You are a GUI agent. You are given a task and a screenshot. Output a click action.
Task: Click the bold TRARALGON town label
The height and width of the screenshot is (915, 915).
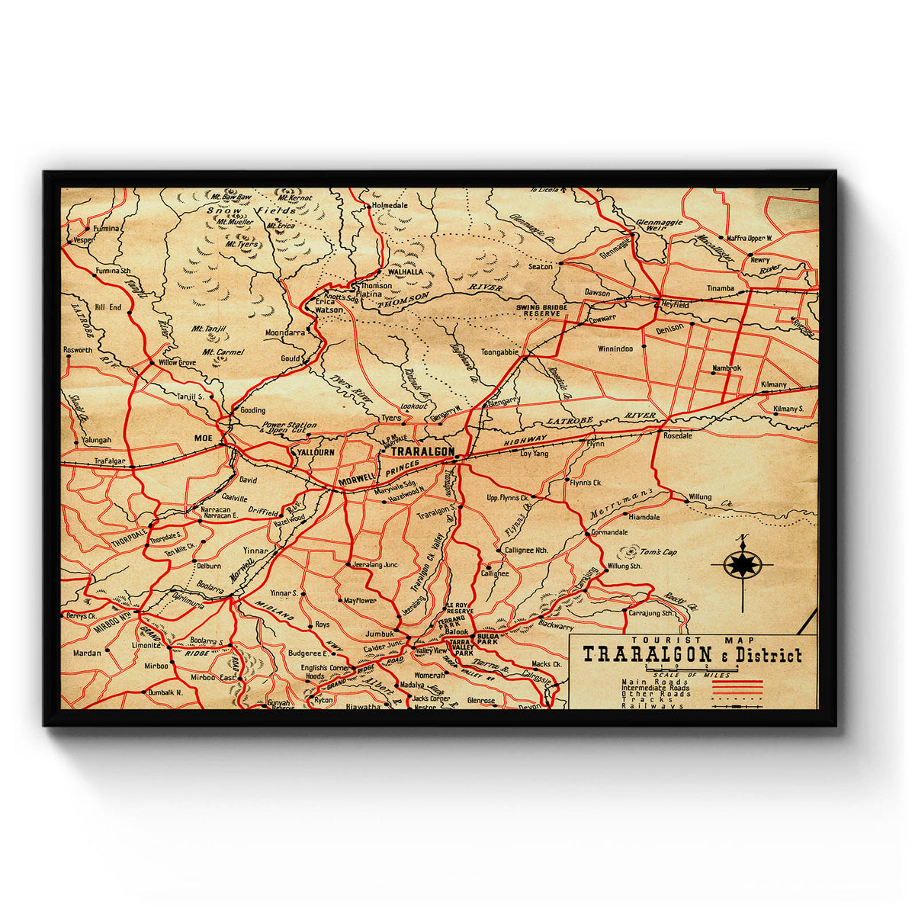coord(422,451)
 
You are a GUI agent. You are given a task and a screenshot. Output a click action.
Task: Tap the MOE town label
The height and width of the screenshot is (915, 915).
coord(204,438)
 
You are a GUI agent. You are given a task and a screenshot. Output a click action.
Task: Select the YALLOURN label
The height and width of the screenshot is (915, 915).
coord(315,452)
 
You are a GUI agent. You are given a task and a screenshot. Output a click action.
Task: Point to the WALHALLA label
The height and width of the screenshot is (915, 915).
coord(405,271)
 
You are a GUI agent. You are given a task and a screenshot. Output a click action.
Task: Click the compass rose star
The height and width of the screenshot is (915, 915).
coord(741,565)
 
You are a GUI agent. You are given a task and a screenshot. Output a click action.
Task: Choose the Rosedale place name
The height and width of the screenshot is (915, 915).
coord(677,436)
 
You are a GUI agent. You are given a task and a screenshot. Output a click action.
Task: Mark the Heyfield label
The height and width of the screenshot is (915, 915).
coord(675,304)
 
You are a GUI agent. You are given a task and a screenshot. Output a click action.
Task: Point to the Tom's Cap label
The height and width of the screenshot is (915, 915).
coord(659,552)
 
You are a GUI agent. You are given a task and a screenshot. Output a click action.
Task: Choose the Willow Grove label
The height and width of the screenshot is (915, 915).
coord(177,363)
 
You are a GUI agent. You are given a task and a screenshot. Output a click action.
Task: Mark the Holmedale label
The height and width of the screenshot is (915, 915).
coord(389,206)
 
